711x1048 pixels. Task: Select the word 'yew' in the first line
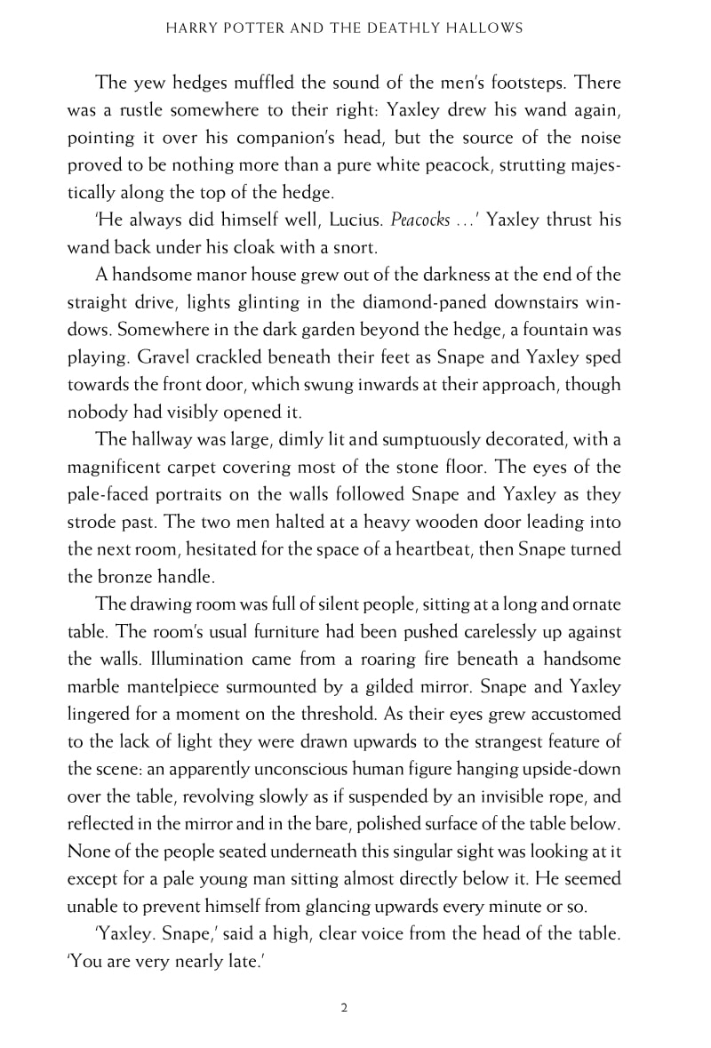coord(147,83)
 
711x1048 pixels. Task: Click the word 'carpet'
coord(213,467)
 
